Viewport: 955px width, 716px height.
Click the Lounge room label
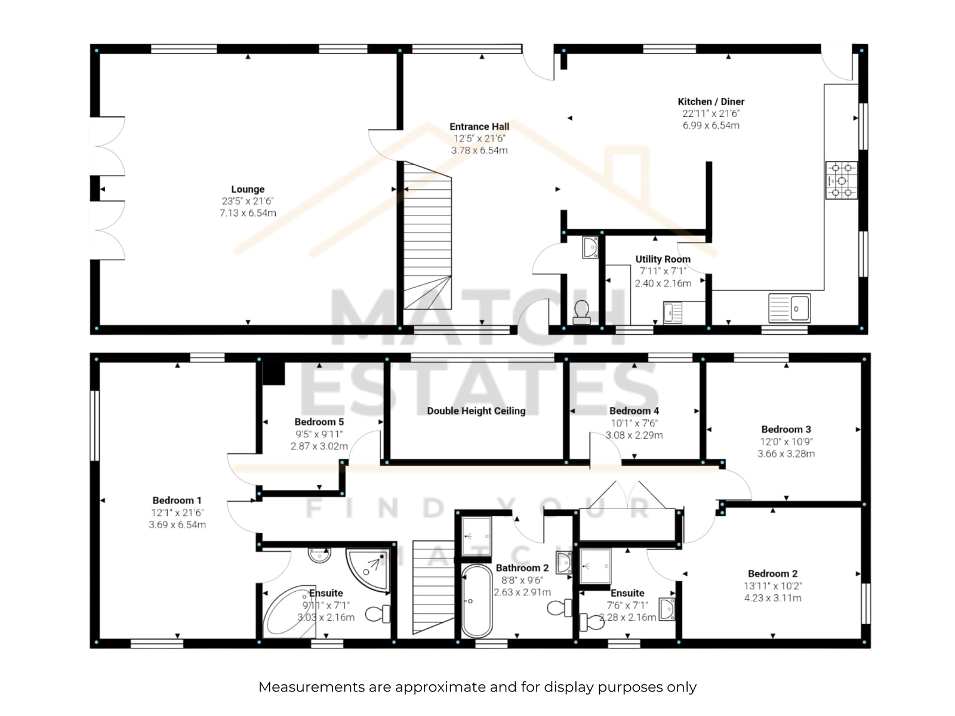coord(248,189)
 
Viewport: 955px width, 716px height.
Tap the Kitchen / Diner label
coord(711,101)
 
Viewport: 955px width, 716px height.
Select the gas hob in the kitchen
coord(842,180)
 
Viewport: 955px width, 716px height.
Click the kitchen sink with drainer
coord(789,308)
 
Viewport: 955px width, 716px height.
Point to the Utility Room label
coord(663,259)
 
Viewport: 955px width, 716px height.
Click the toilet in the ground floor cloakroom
coord(582,313)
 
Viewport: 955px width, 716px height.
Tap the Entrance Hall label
coord(479,126)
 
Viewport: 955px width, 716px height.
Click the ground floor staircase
coord(427,235)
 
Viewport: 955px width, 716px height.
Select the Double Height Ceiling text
coord(476,411)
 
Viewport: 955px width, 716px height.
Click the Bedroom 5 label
coord(319,422)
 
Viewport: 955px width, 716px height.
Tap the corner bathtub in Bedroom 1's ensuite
coord(286,611)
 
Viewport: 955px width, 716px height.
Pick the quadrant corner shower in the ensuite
coord(368,569)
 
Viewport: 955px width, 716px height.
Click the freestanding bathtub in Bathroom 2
coord(477,601)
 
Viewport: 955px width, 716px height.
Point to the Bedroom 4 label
coord(634,411)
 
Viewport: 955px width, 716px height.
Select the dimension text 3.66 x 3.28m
coord(785,454)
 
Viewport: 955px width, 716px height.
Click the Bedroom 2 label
coord(772,574)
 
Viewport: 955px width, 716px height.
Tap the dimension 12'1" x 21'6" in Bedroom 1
coord(177,513)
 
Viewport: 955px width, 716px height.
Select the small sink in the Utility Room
coord(673,312)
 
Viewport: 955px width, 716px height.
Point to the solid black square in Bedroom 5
coord(273,374)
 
